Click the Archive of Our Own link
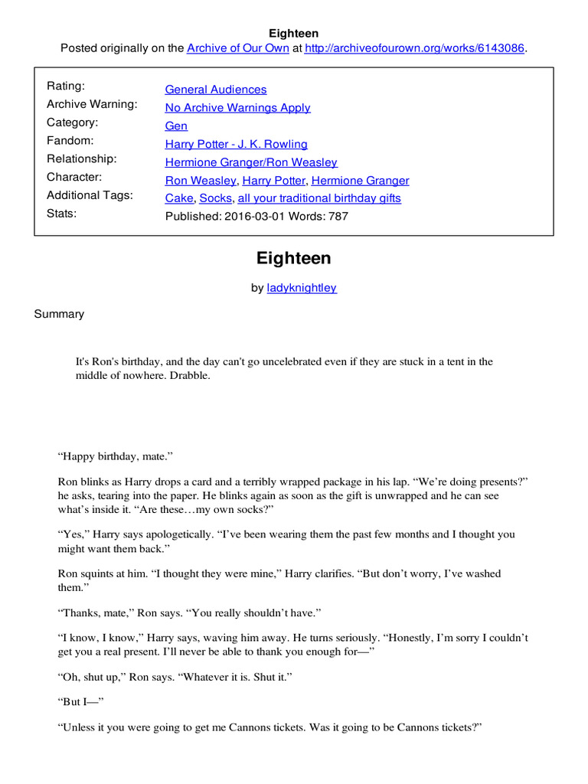click(238, 48)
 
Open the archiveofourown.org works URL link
click(414, 48)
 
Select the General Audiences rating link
click(216, 90)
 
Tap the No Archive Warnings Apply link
click(237, 108)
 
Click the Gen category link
click(176, 126)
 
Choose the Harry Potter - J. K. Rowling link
click(236, 144)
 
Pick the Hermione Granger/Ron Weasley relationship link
click(251, 162)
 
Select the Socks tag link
click(215, 198)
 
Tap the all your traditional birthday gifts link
click(319, 198)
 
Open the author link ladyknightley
click(302, 289)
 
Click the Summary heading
click(59, 314)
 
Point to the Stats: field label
click(62, 214)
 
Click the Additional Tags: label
click(90, 195)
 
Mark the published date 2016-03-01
click(253, 217)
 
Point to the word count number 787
click(338, 217)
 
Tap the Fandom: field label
click(70, 141)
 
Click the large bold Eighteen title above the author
click(294, 258)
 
